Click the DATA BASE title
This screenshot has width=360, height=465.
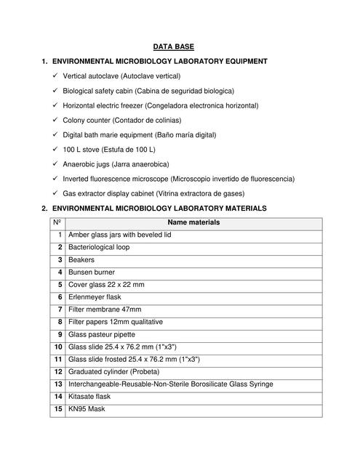(179, 46)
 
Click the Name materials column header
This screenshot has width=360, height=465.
(193, 222)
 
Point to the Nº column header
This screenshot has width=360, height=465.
(57, 222)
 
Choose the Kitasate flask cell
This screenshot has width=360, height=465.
(91, 396)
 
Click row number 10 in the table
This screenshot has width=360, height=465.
(57, 347)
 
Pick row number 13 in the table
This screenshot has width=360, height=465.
(57, 384)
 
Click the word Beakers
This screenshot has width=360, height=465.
(81, 259)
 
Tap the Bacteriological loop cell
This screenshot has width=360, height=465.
(99, 247)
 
